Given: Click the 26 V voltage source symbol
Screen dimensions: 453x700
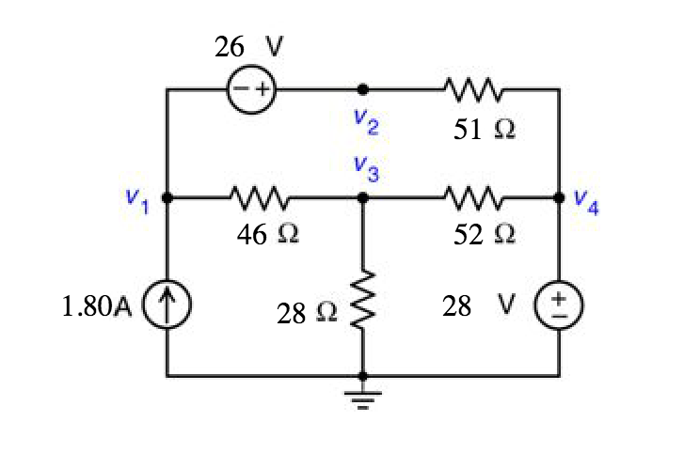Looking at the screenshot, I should point(250,90).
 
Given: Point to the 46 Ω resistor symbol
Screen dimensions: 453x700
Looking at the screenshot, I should point(259,199).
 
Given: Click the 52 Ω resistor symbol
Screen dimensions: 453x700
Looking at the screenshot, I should point(469,199).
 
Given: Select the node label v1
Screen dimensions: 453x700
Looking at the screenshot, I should point(137,200).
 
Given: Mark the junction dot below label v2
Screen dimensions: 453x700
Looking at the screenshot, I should point(363,90).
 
